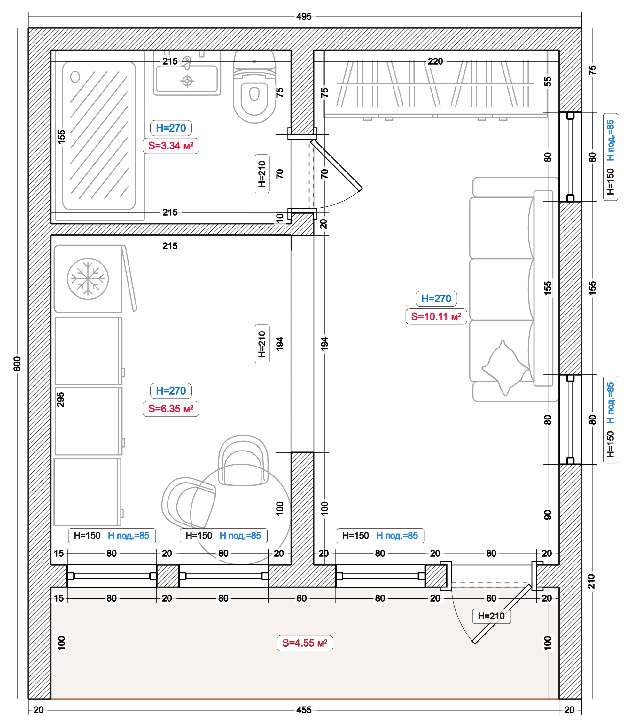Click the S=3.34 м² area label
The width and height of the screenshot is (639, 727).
(x=171, y=146)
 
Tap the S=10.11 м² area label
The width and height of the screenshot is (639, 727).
(x=436, y=316)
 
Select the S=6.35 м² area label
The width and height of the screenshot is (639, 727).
(x=171, y=409)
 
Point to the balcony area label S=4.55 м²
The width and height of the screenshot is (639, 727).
(x=305, y=643)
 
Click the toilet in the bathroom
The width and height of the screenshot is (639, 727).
(x=254, y=87)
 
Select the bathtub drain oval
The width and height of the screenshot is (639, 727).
(x=75, y=76)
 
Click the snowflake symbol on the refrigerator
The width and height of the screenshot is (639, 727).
(x=88, y=278)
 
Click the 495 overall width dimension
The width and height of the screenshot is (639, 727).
(x=304, y=17)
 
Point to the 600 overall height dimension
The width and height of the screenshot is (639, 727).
(x=17, y=363)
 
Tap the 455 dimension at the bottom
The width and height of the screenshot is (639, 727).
(x=304, y=710)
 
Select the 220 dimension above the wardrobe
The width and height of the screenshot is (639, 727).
(x=435, y=61)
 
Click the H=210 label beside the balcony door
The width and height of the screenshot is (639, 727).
(x=491, y=616)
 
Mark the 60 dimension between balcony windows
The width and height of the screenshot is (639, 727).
(x=302, y=598)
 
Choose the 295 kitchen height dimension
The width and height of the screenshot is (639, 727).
(x=61, y=399)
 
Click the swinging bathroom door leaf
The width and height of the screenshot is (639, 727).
(x=337, y=165)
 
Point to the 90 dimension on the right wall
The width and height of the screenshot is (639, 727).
(x=548, y=514)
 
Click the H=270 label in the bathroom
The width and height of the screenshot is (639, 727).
(x=171, y=128)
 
